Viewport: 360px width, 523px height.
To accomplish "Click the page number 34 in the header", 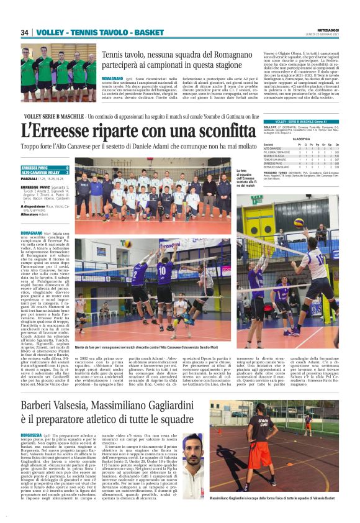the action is pos(25,32).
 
